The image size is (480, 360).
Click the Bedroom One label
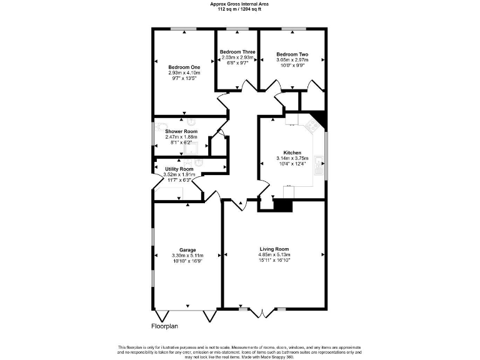pyautogui.click(x=184, y=67)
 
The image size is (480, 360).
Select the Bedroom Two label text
pyautogui.click(x=292, y=55)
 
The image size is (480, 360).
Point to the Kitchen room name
pyautogui.click(x=292, y=152)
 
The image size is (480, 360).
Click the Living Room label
pyautogui.click(x=274, y=249)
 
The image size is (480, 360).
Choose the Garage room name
pyautogui.click(x=187, y=249)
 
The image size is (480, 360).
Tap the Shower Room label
pyautogui.click(x=181, y=131)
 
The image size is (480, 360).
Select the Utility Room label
pyautogui.click(x=179, y=169)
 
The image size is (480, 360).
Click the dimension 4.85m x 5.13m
pyautogui.click(x=274, y=255)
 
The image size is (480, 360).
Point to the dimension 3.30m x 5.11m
pyautogui.click(x=187, y=255)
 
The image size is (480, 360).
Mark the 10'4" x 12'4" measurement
pyautogui.click(x=292, y=164)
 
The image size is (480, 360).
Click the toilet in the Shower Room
pyautogui.click(x=191, y=122)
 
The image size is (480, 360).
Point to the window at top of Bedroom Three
pyautogui.click(x=237, y=29)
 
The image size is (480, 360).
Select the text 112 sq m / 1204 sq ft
pyautogui.click(x=240, y=9)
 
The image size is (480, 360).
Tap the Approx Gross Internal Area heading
pyautogui.click(x=240, y=4)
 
